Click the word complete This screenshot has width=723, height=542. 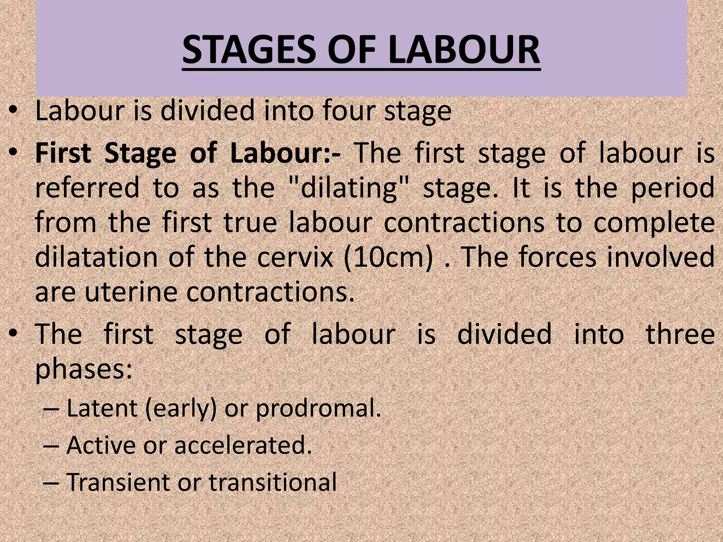click(x=654, y=224)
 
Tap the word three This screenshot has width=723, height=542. click(x=680, y=334)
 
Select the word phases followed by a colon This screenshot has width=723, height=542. click(x=84, y=369)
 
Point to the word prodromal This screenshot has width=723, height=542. click(x=318, y=409)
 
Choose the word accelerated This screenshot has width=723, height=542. click(x=243, y=445)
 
